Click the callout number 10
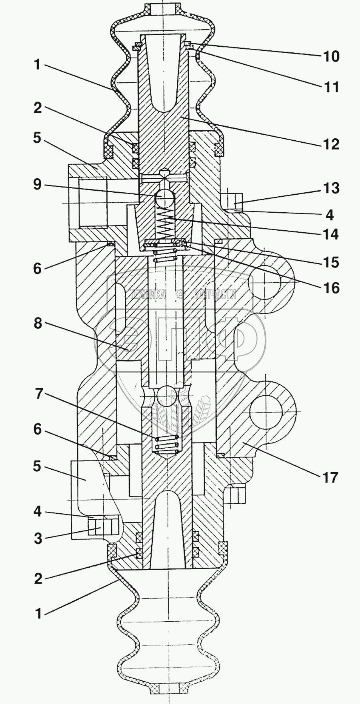pos(331,56)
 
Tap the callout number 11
pos(331,86)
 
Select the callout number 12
pos(331,144)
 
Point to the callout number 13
pos(331,188)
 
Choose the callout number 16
pos(331,287)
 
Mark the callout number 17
pos(330,477)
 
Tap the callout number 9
pos(37,185)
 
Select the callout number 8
pos(37,323)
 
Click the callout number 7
pos(37,395)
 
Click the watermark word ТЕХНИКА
pos(148,295)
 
